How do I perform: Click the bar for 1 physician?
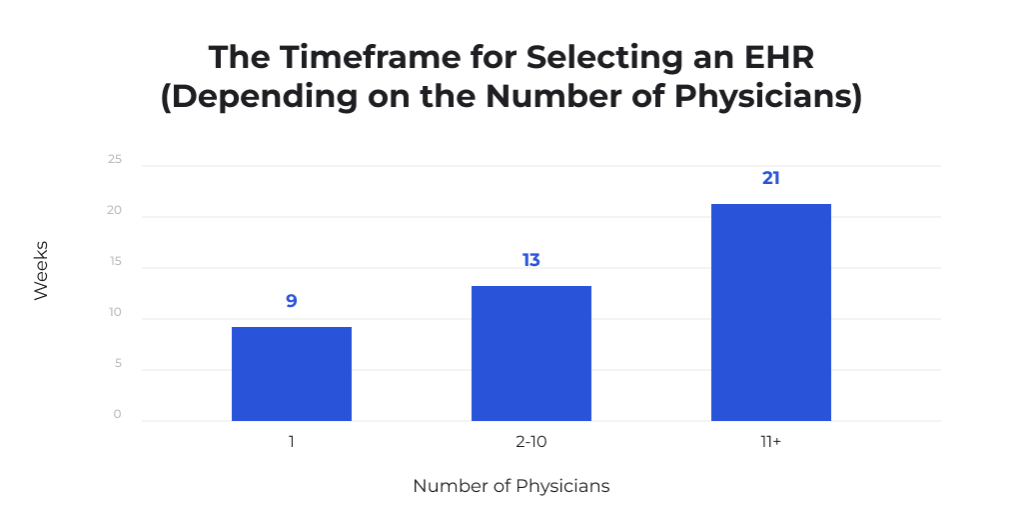[292, 373]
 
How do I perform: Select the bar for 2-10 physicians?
[531, 353]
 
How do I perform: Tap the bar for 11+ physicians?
[771, 312]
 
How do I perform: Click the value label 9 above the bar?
[292, 300]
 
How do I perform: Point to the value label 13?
[531, 260]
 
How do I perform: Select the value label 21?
[771, 178]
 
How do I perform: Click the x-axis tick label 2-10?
[531, 440]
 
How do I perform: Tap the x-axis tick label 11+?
[771, 440]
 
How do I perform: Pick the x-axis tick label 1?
[292, 440]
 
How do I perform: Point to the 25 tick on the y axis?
[115, 159]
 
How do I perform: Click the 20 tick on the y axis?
[115, 210]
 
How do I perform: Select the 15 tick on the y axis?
[115, 261]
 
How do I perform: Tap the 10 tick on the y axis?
[115, 312]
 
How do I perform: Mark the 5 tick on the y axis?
[117, 363]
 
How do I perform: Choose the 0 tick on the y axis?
[117, 414]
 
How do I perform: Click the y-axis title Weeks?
[41, 270]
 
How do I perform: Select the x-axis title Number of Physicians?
[511, 487]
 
